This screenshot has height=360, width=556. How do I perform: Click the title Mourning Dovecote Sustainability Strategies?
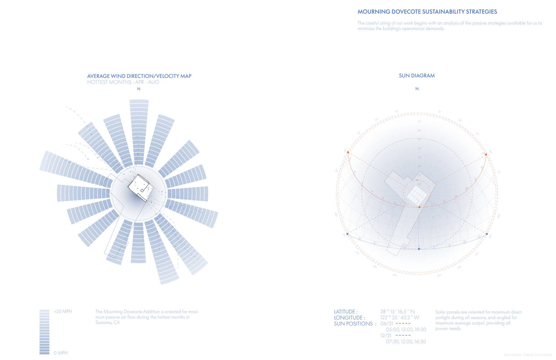tap(427, 12)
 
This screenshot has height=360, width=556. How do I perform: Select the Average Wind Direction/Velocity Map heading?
tap(139, 76)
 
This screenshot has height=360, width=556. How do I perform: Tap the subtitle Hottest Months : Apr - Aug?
tap(123, 82)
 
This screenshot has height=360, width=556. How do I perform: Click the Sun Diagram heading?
tap(417, 76)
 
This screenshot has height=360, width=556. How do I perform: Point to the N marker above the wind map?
tap(139, 89)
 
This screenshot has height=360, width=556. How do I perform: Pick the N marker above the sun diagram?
tap(417, 89)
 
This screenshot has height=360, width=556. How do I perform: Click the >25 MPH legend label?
tap(63, 311)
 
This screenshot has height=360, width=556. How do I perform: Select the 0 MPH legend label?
tap(60, 353)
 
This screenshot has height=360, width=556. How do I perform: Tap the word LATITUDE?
tap(345, 312)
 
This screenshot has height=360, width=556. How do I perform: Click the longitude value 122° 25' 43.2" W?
tap(399, 318)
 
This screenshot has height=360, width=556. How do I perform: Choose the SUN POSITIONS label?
tap(355, 324)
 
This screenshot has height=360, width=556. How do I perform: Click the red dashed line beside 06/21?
tap(403, 324)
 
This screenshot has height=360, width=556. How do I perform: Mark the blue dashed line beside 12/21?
tap(403, 336)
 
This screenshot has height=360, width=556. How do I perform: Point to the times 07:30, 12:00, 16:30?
tap(406, 341)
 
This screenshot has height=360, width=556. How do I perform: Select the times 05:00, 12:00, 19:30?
tap(406, 329)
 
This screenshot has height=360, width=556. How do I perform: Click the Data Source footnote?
tap(527, 355)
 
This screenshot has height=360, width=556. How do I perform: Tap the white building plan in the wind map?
tap(140, 188)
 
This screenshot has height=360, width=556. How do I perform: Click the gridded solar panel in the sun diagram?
tap(417, 195)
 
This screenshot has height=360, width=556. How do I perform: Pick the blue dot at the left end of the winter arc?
tap(347, 234)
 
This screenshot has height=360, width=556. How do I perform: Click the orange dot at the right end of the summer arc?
tap(486, 154)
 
